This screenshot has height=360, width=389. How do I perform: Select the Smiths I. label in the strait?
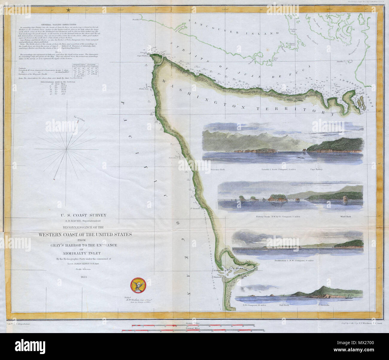(x=340, y=61)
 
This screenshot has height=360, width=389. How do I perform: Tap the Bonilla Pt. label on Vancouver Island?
(x=136, y=20)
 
